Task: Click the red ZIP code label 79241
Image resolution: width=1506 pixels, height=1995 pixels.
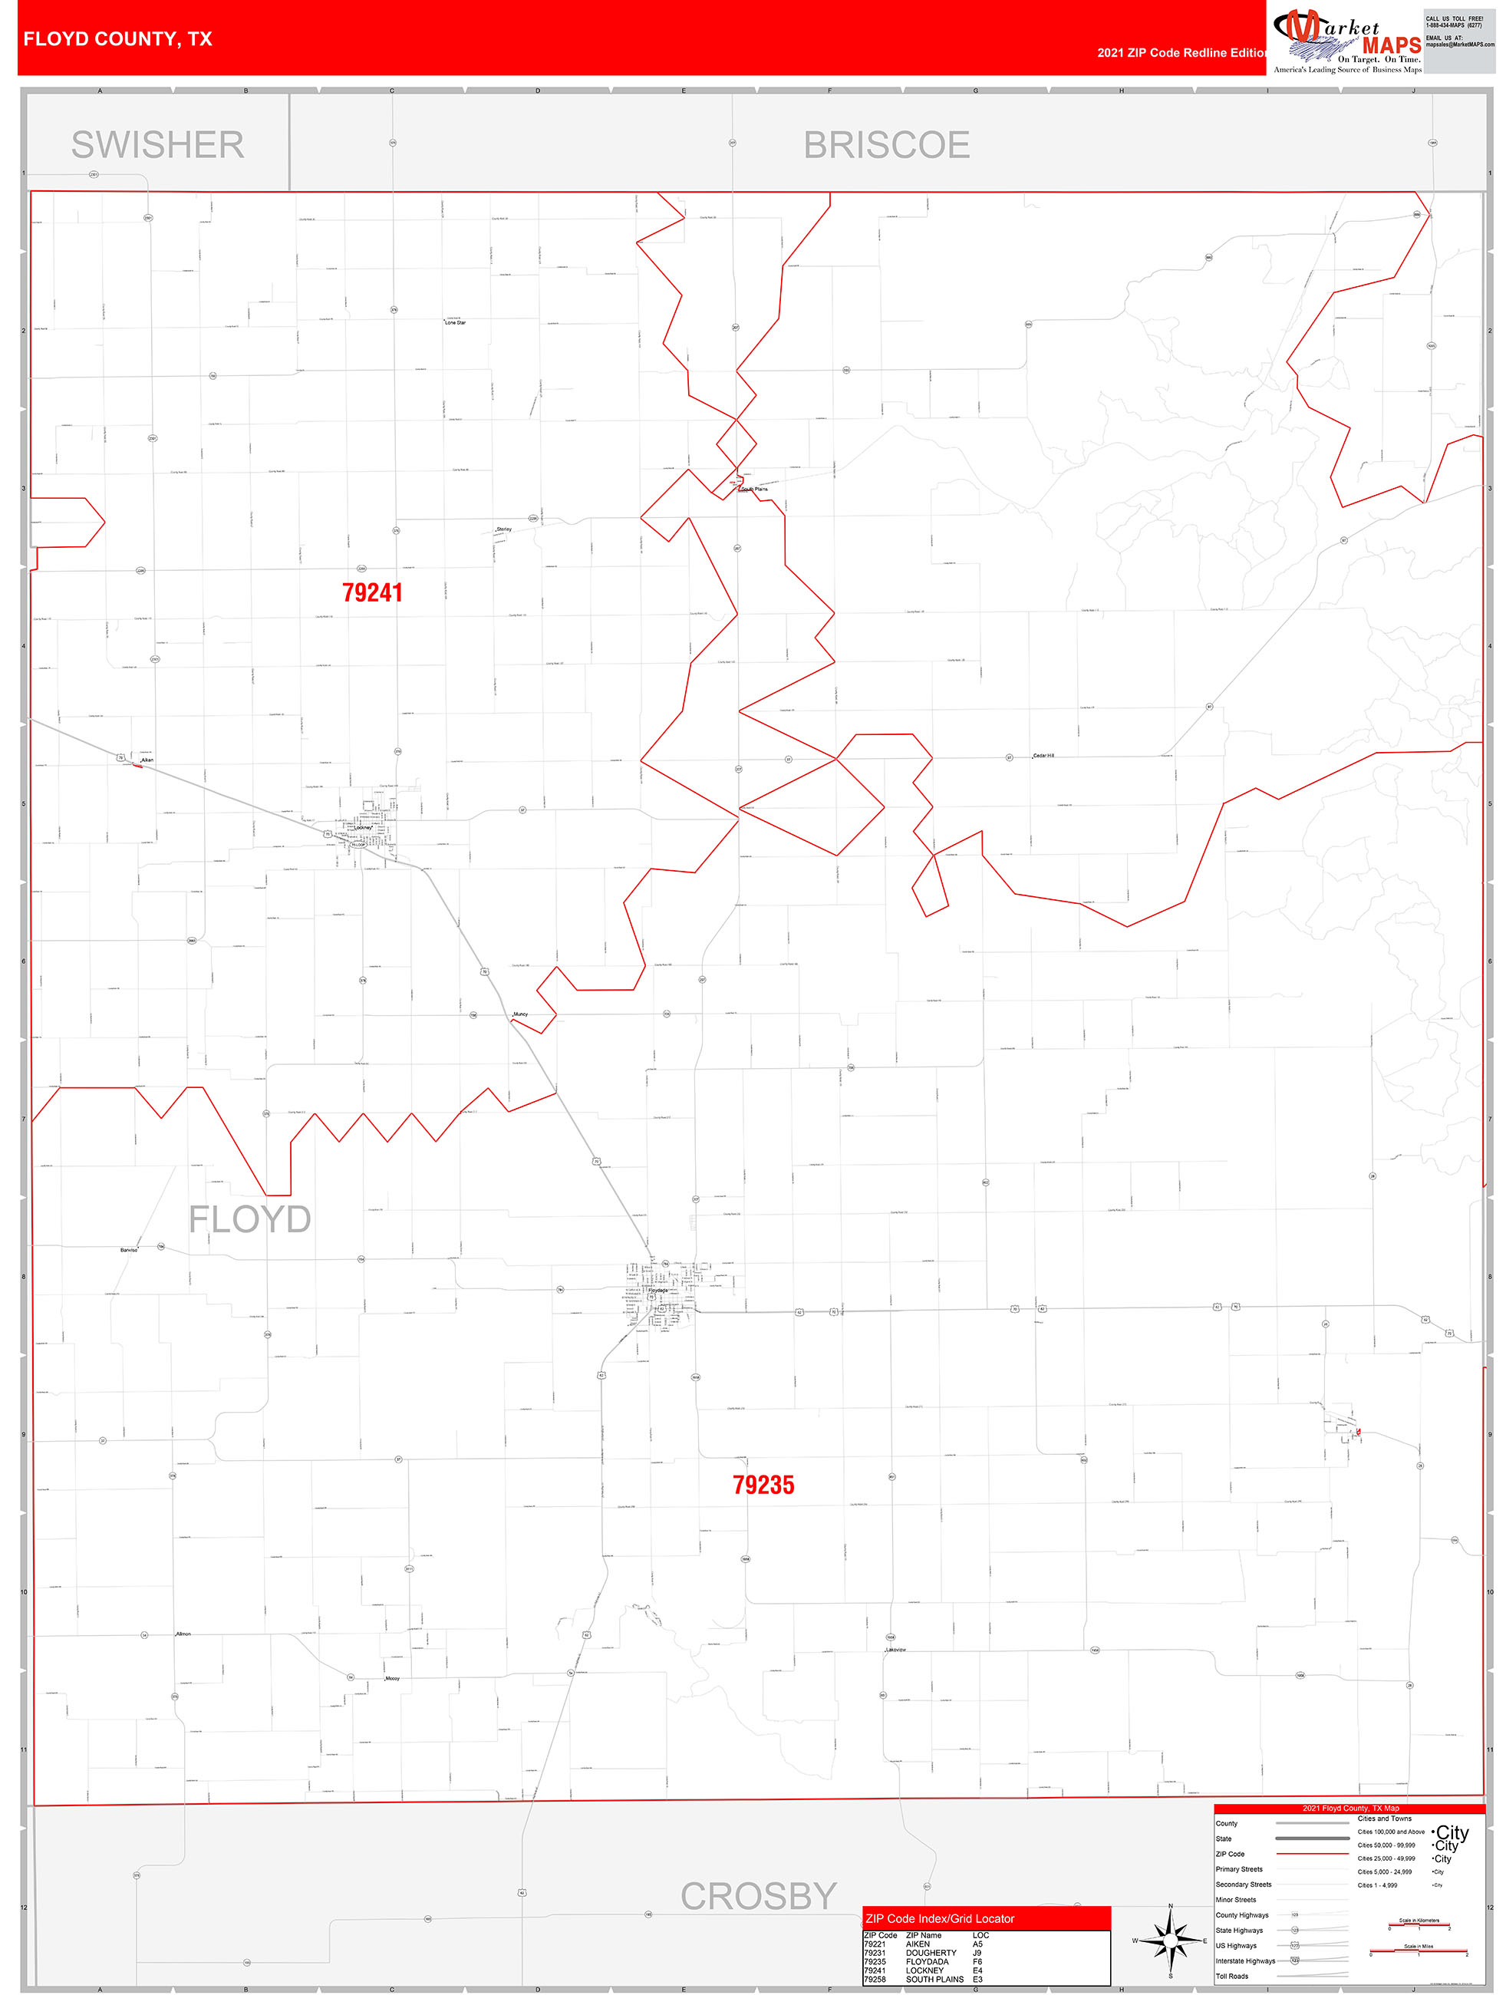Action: (x=371, y=592)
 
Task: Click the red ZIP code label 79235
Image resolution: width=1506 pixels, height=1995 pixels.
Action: (x=763, y=1486)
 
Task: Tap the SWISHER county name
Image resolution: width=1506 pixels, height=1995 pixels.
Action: (x=157, y=144)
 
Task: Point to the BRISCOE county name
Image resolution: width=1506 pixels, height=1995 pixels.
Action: (x=886, y=144)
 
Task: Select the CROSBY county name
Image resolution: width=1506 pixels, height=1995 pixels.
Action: (x=759, y=1897)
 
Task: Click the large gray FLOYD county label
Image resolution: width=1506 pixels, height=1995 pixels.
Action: (x=250, y=1219)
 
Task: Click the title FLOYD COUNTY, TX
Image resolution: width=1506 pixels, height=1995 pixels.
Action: (x=118, y=39)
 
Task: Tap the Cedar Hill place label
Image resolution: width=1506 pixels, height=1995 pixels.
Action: (x=1043, y=755)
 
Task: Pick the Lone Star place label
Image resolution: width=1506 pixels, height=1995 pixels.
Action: (x=456, y=322)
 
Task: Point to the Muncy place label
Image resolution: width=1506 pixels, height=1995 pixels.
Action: (x=520, y=1014)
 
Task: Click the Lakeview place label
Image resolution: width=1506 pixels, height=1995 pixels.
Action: (x=895, y=1650)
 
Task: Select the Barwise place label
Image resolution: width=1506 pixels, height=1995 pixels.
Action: (x=129, y=1250)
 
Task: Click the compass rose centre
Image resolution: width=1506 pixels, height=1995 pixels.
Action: (x=1171, y=1938)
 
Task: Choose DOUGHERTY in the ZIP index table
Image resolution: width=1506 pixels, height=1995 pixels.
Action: (x=931, y=1953)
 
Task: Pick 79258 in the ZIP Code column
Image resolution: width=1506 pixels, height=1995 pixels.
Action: (x=875, y=1980)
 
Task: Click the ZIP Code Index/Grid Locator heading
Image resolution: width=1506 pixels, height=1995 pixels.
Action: (x=940, y=1918)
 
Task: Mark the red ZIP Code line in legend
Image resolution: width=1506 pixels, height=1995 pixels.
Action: (x=1312, y=1853)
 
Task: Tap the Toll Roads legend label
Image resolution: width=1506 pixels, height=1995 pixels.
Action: (x=1232, y=1976)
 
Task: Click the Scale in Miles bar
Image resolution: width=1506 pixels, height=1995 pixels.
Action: (x=1419, y=1954)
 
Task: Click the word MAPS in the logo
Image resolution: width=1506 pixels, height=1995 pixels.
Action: (x=1392, y=45)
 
